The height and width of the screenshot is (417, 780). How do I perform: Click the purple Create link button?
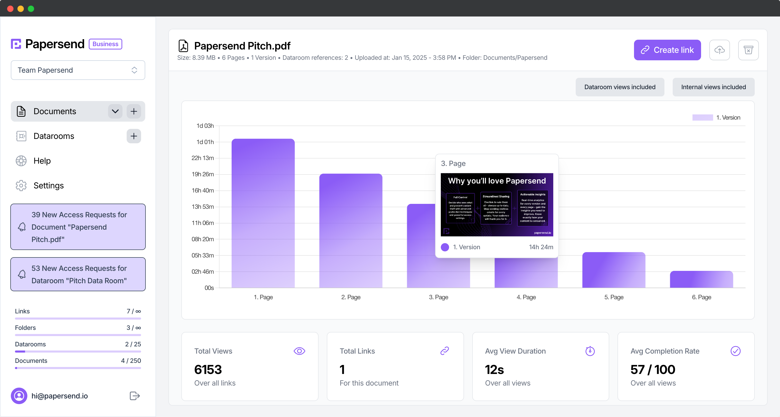tap(667, 50)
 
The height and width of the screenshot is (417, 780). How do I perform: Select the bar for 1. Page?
tap(263, 213)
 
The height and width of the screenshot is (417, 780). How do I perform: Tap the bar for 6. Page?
tap(701, 279)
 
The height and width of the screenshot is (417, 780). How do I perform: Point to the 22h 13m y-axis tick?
tap(202, 158)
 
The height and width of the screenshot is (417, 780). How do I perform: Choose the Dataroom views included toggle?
tap(620, 87)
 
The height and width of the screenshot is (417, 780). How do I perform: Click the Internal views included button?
tap(713, 87)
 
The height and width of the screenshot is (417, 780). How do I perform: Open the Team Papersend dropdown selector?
tap(78, 70)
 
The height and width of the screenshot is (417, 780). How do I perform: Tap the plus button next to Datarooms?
tap(134, 136)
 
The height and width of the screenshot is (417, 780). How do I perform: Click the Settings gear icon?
tap(21, 186)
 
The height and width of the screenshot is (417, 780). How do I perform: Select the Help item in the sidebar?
tap(42, 161)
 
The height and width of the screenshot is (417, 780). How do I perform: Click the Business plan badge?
tap(105, 44)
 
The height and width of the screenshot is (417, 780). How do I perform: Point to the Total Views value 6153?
tap(208, 370)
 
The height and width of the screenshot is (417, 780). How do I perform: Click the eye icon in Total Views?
tap(299, 351)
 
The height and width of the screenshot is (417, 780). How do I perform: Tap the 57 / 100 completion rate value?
tap(653, 370)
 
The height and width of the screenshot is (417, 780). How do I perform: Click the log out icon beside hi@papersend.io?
tap(134, 396)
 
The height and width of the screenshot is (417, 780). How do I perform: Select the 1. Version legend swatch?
tap(702, 118)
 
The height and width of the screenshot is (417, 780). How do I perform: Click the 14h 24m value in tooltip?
tap(541, 247)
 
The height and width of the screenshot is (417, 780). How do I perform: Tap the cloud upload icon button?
tap(719, 50)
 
